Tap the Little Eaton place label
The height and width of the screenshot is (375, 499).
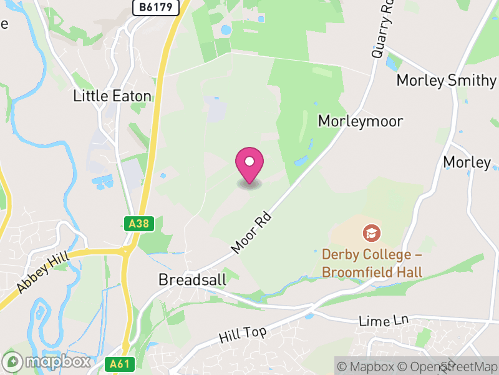(x=112, y=96)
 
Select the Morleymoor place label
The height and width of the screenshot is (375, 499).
(x=361, y=121)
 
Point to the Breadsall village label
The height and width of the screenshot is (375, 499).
(x=192, y=279)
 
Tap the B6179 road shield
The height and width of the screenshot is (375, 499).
(x=156, y=7)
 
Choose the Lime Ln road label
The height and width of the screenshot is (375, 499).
(x=384, y=321)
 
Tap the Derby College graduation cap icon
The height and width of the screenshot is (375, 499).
(x=372, y=234)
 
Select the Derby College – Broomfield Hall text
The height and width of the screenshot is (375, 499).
(x=372, y=264)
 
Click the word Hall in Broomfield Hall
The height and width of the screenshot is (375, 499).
(x=410, y=272)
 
